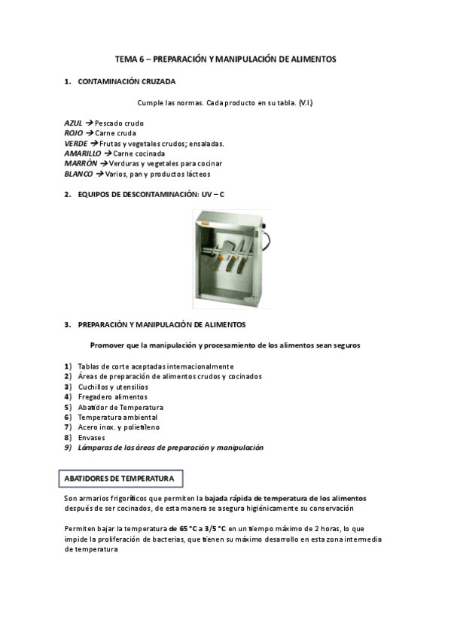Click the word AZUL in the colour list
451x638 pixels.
73,123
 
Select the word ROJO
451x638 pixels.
73,133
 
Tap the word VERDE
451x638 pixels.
76,143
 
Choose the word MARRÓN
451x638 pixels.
81,163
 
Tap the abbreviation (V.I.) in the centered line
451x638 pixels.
305,102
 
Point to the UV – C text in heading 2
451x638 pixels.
212,195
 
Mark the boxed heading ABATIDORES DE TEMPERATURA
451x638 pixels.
119,478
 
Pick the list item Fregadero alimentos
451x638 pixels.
113,396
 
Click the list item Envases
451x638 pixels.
92,437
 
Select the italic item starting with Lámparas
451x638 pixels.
170,447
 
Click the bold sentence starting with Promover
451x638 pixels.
224,345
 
